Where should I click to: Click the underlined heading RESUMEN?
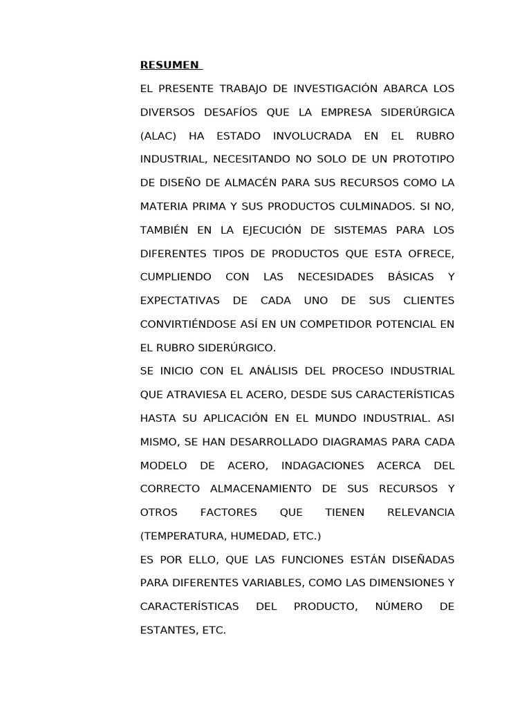click(x=169, y=66)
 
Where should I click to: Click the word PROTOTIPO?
click(x=423, y=160)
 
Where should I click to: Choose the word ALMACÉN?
click(x=263, y=183)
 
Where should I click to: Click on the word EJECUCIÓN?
click(x=260, y=230)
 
